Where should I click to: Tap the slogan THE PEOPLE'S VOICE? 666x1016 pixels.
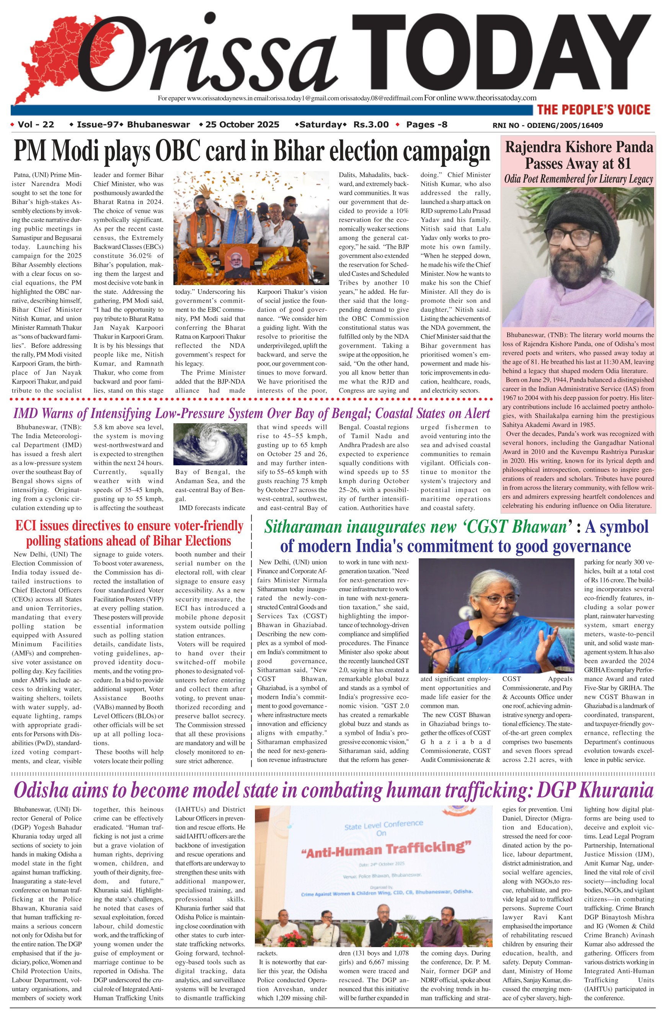593,110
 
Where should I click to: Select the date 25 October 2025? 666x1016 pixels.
242,125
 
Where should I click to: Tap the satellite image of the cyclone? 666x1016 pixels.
211,444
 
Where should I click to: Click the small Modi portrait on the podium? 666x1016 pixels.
235,261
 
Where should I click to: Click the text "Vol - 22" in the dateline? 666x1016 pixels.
36,125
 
